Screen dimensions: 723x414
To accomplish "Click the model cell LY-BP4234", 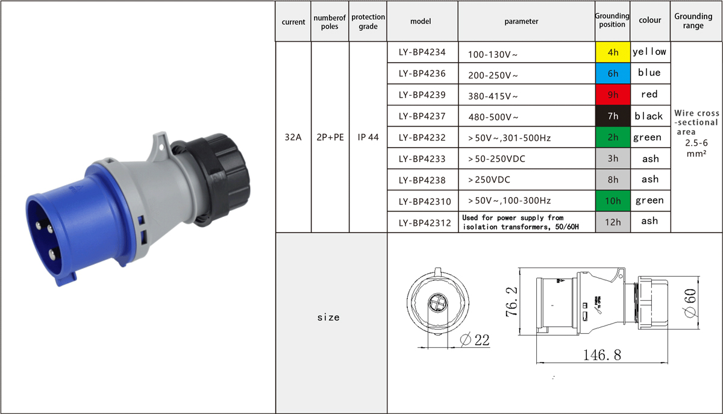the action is click(422, 52).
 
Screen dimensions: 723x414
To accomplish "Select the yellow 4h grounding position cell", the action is click(613, 52).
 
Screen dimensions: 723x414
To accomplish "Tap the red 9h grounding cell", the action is click(613, 95).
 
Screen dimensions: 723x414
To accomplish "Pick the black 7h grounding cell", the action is click(613, 116).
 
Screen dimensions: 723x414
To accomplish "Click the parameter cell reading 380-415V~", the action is click(527, 95).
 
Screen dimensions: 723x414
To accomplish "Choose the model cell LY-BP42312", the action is click(422, 222).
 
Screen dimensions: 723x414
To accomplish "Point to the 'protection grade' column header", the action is click(368, 21).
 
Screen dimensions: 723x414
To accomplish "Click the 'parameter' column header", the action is click(521, 21).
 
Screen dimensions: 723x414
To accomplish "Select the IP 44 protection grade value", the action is click(368, 137).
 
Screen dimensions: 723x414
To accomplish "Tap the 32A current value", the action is click(293, 137).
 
